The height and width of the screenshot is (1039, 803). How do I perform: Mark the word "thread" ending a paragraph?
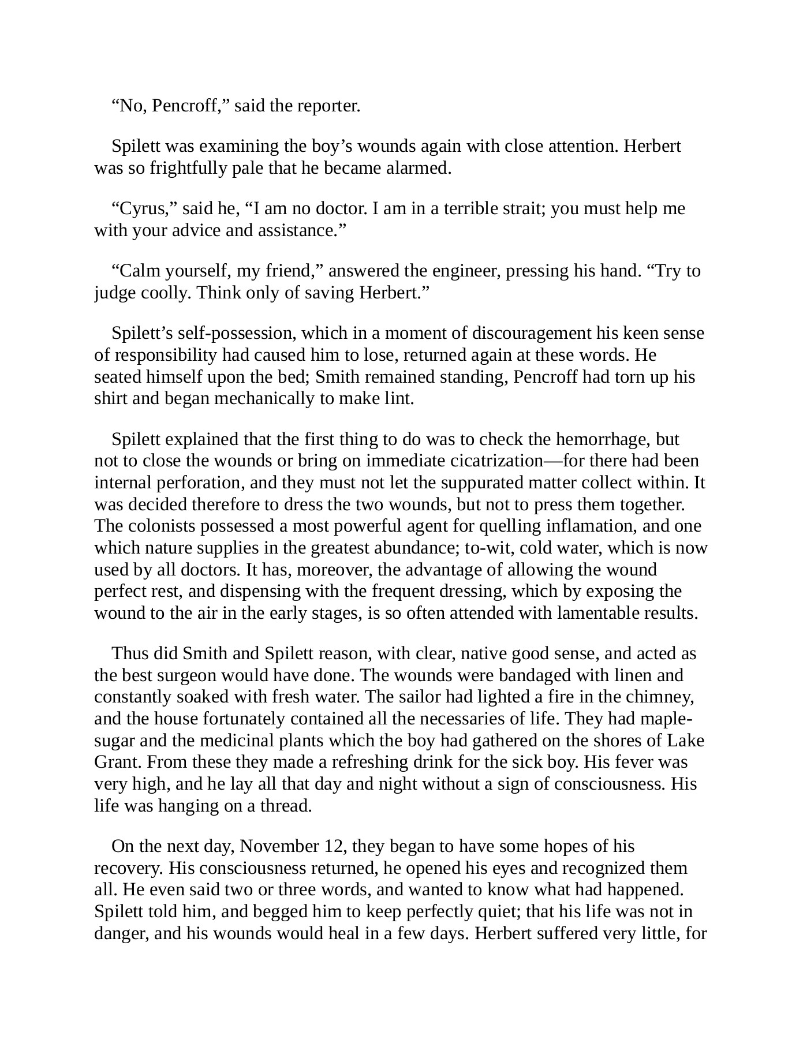[x=286, y=806]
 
